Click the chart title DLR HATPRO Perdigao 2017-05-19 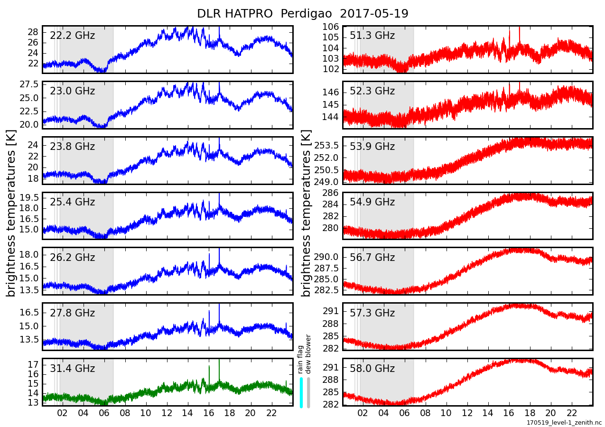[x=303, y=14]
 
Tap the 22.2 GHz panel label [x=72, y=36]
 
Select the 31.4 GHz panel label [x=72, y=369]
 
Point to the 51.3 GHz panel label [x=372, y=36]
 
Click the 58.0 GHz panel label [x=372, y=369]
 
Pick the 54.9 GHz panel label [x=372, y=202]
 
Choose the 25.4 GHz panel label [x=72, y=202]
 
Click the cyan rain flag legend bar [x=301, y=392]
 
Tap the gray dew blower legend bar [x=308, y=392]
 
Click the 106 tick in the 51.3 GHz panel [x=331, y=27]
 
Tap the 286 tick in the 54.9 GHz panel [x=331, y=193]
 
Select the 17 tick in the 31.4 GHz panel [x=33, y=364]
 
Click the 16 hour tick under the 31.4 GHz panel [x=209, y=412]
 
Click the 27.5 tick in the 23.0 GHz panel [x=30, y=84]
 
